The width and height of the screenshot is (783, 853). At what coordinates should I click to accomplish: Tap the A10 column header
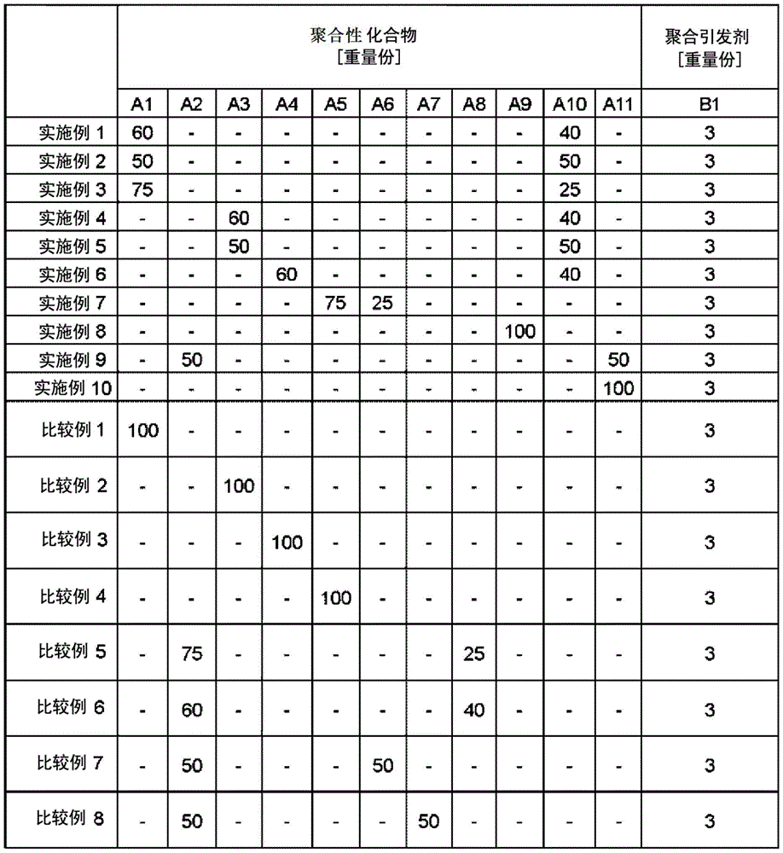pyautogui.click(x=569, y=105)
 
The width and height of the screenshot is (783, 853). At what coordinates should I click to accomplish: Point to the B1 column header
pyautogui.click(x=711, y=105)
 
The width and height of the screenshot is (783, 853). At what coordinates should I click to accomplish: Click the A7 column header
pyautogui.click(x=429, y=105)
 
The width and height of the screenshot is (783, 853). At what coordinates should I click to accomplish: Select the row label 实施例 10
pyautogui.click(x=73, y=388)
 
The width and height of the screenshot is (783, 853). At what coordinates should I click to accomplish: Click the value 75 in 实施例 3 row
pyautogui.click(x=142, y=190)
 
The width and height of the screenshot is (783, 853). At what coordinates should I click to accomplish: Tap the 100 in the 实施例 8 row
pyautogui.click(x=520, y=332)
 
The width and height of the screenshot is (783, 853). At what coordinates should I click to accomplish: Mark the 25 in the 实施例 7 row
pyautogui.click(x=382, y=304)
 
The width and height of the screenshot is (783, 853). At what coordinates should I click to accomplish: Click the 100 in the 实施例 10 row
pyautogui.click(x=618, y=389)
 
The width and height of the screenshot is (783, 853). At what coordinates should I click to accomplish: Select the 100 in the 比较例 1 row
pyautogui.click(x=142, y=430)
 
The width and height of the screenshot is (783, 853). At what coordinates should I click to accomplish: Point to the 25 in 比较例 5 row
pyautogui.click(x=473, y=654)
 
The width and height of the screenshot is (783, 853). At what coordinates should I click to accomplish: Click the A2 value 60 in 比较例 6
pyautogui.click(x=192, y=710)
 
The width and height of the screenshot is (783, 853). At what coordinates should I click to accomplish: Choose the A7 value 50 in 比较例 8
pyautogui.click(x=429, y=821)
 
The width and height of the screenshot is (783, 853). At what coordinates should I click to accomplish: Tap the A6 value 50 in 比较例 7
pyautogui.click(x=382, y=765)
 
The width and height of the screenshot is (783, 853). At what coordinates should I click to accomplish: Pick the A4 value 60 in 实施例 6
pyautogui.click(x=287, y=275)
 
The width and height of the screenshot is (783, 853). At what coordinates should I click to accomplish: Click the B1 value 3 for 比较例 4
pyautogui.click(x=711, y=597)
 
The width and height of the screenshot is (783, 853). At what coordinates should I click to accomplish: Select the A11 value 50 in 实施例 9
pyautogui.click(x=618, y=360)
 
